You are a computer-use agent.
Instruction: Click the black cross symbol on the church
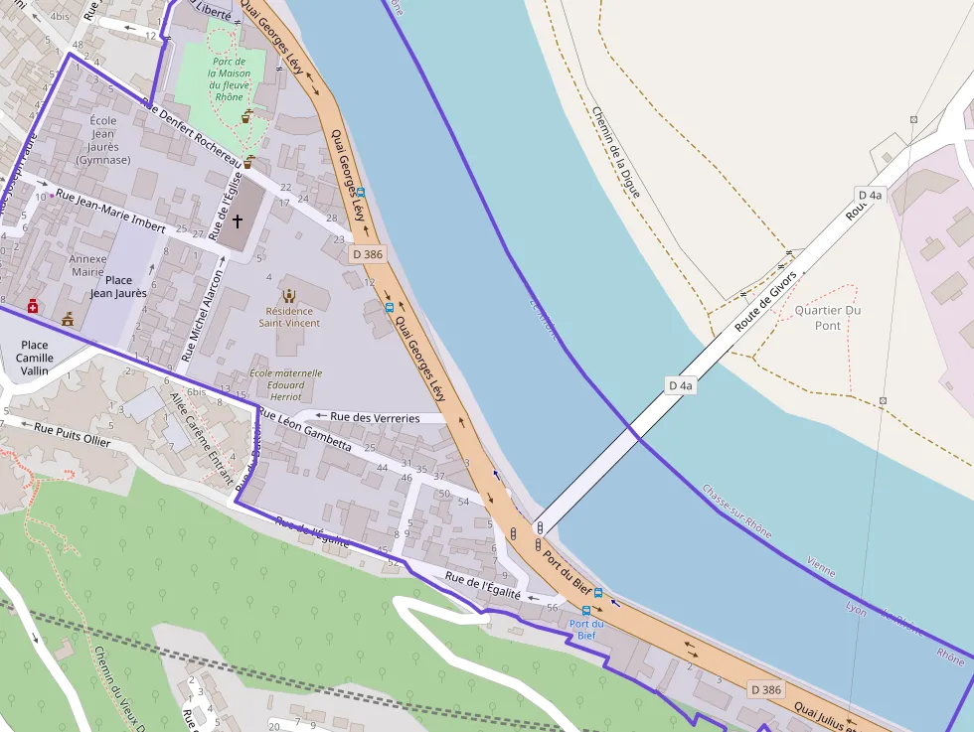pyautogui.click(x=238, y=221)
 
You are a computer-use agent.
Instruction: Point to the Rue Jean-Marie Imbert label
pyautogui.click(x=110, y=211)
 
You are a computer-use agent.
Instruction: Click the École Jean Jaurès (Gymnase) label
pyautogui.click(x=103, y=140)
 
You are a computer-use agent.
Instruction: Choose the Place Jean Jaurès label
pyautogui.click(x=118, y=287)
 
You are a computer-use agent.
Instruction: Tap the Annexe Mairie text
pyautogui.click(x=87, y=264)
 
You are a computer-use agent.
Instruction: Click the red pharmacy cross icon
pyautogui.click(x=33, y=307)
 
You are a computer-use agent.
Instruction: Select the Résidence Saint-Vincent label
pyautogui.click(x=289, y=317)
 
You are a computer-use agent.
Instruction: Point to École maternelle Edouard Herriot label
pyautogui.click(x=286, y=384)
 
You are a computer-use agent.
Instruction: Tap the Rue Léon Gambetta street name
pyautogui.click(x=304, y=430)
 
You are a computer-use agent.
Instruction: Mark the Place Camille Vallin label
pyautogui.click(x=34, y=358)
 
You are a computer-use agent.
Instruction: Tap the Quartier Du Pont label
pyautogui.click(x=828, y=318)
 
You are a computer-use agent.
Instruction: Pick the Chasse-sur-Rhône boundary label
pyautogui.click(x=736, y=511)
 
